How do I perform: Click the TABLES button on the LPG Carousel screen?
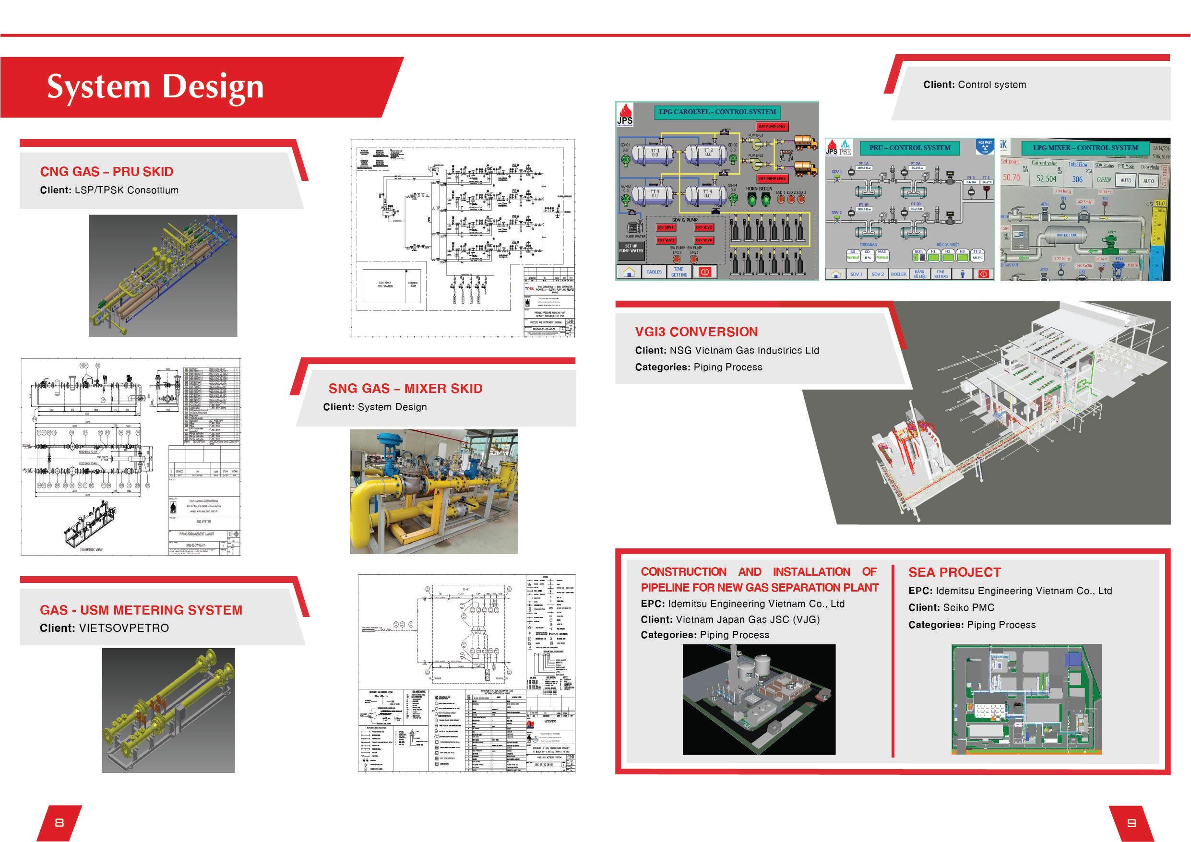pyautogui.click(x=654, y=272)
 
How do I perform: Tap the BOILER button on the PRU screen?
pyautogui.click(x=898, y=274)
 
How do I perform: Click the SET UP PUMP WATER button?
pyautogui.click(x=631, y=249)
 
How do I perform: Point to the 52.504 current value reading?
pyautogui.click(x=1046, y=178)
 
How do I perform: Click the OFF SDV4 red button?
pyautogui.click(x=704, y=240)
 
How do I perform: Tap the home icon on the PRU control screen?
pyautogui.click(x=835, y=274)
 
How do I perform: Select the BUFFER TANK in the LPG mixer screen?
pyautogui.click(x=1067, y=236)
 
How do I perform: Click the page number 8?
pyautogui.click(x=59, y=822)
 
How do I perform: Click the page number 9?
pyautogui.click(x=1131, y=822)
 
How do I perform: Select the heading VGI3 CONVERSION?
pyautogui.click(x=696, y=332)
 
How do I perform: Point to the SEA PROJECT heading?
pyautogui.click(x=954, y=572)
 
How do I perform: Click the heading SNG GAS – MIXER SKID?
pyautogui.click(x=405, y=389)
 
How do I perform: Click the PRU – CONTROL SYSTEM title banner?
pyautogui.click(x=910, y=148)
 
